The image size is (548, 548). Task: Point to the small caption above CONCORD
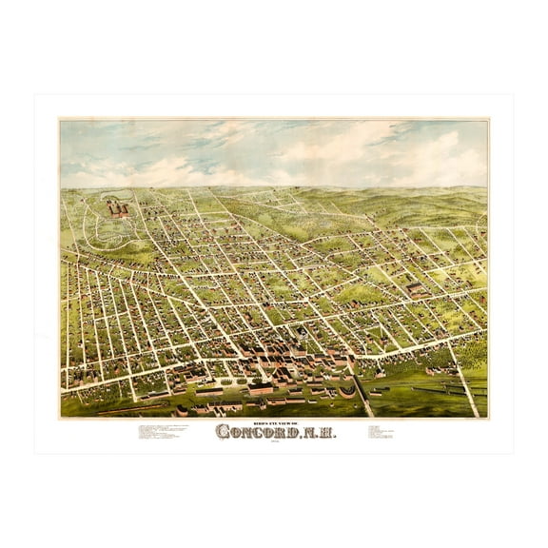click(x=273, y=419)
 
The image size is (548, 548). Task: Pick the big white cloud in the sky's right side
click(x=419, y=152)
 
